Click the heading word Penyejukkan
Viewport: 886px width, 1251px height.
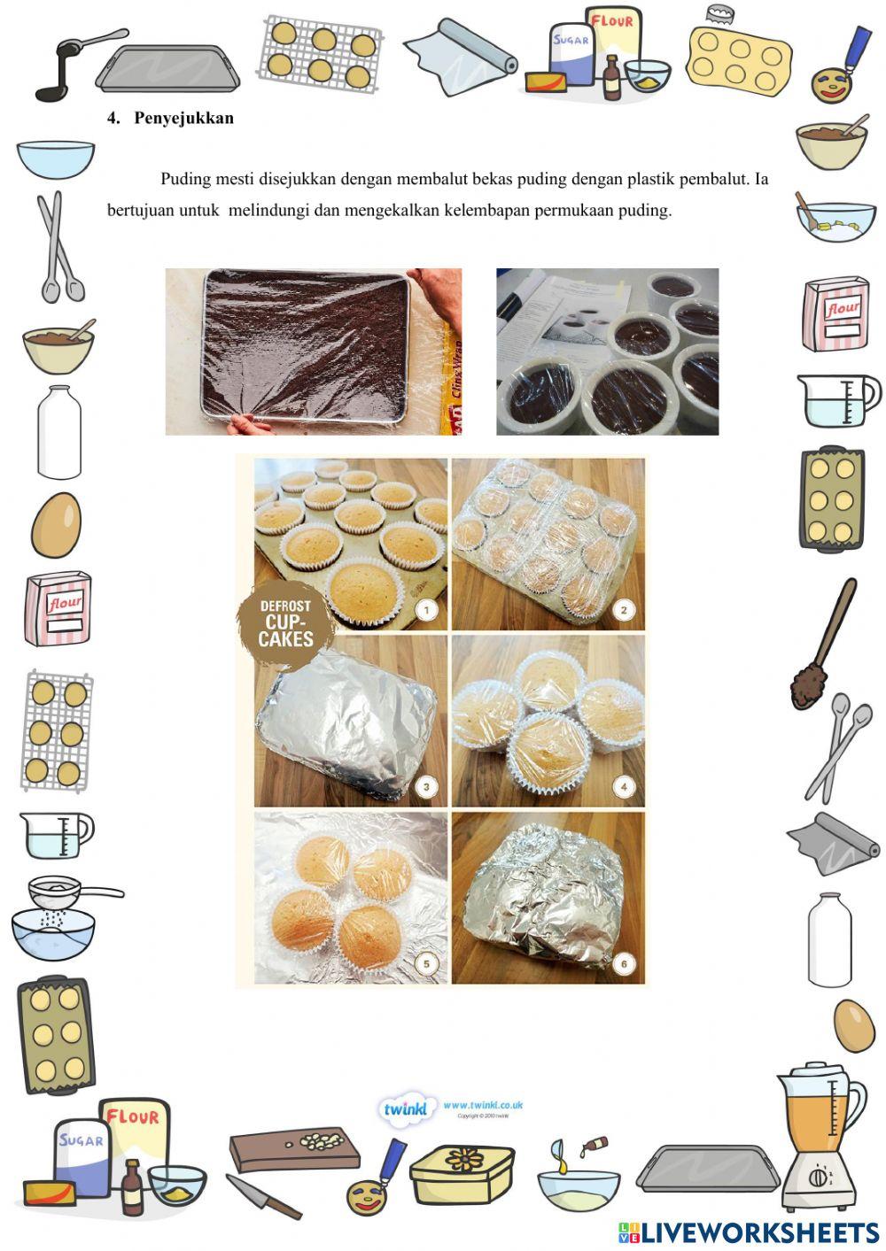pyautogui.click(x=183, y=119)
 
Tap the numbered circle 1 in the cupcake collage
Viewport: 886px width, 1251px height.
pyautogui.click(x=427, y=610)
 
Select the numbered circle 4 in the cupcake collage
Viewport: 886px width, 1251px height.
pyautogui.click(x=624, y=786)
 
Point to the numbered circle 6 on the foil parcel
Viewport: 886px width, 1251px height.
pyautogui.click(x=624, y=964)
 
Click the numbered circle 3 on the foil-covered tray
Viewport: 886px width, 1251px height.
pyautogui.click(x=426, y=786)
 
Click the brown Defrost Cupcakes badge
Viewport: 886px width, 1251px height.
pyautogui.click(x=285, y=623)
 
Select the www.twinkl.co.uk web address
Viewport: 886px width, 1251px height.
pyautogui.click(x=483, y=1105)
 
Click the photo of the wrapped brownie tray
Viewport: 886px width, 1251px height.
pyautogui.click(x=313, y=351)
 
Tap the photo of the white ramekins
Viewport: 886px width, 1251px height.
pyautogui.click(x=607, y=351)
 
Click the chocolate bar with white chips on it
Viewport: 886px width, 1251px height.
pyautogui.click(x=294, y=1151)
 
